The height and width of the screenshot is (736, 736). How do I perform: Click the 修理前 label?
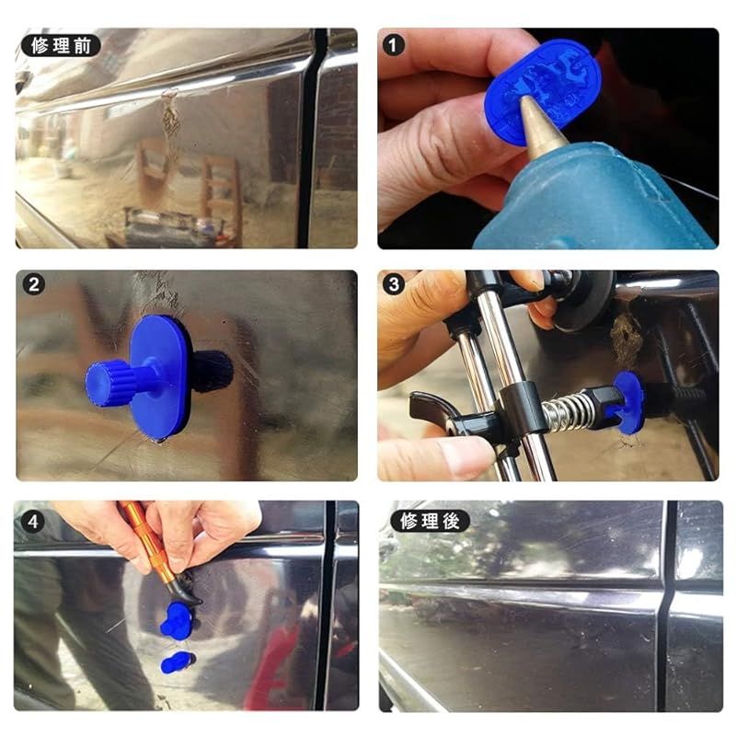coord(61,45)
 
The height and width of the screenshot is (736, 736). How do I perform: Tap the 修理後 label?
coord(430,521)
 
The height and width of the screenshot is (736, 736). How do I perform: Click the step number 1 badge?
coord(394,45)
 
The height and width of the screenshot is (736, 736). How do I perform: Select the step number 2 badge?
coord(34,284)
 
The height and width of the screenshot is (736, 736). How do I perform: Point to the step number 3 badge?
coord(394,284)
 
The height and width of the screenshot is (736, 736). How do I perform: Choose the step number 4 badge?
coord(33,522)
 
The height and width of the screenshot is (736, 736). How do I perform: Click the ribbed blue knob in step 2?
coord(107,379)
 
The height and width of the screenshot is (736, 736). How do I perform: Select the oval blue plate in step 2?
coord(159,378)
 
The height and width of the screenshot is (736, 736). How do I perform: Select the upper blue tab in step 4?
coord(176,619)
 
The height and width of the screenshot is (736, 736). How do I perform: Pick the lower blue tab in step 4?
coord(178,662)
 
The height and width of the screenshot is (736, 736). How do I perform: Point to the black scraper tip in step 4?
coord(186,592)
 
